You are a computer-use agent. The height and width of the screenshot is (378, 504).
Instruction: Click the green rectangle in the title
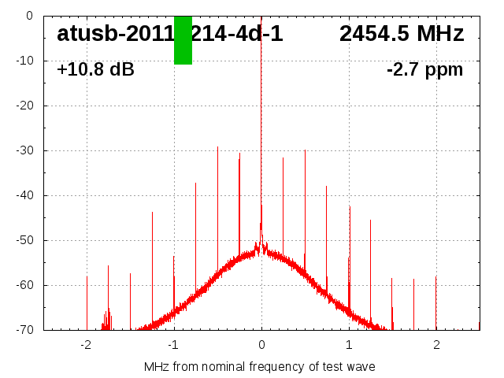click(x=183, y=40)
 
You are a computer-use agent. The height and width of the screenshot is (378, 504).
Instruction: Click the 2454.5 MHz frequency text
click(x=402, y=34)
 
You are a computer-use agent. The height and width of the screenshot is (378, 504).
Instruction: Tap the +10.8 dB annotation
click(x=95, y=70)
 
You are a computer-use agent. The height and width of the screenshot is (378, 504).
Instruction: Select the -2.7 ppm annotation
click(x=424, y=70)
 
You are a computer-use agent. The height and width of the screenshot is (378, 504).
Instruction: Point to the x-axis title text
click(x=259, y=367)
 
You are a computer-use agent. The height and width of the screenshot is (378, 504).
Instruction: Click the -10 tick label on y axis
click(x=24, y=61)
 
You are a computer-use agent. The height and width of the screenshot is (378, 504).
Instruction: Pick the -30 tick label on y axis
click(x=24, y=150)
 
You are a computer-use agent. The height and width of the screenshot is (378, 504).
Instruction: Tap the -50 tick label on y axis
click(x=24, y=240)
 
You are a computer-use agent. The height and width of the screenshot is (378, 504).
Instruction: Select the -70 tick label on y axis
click(x=24, y=330)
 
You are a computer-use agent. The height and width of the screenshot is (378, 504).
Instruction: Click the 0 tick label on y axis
click(x=29, y=16)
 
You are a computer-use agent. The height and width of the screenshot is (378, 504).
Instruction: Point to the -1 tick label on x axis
click(x=172, y=345)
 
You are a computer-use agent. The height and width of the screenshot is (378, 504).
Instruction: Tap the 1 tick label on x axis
click(x=349, y=345)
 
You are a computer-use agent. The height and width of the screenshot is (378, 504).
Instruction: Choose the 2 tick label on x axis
click(x=436, y=345)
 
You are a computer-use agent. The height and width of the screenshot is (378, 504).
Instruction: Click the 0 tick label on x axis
click(x=261, y=345)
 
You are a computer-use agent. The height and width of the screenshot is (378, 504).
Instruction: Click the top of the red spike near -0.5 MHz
click(x=218, y=146)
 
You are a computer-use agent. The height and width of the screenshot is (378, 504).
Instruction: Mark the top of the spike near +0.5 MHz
click(x=306, y=150)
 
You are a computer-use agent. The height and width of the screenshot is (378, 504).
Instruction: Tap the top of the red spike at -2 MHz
click(x=87, y=276)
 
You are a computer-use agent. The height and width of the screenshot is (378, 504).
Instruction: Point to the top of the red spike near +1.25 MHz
click(x=370, y=220)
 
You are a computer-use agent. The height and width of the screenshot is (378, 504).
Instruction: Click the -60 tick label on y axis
click(x=24, y=285)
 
